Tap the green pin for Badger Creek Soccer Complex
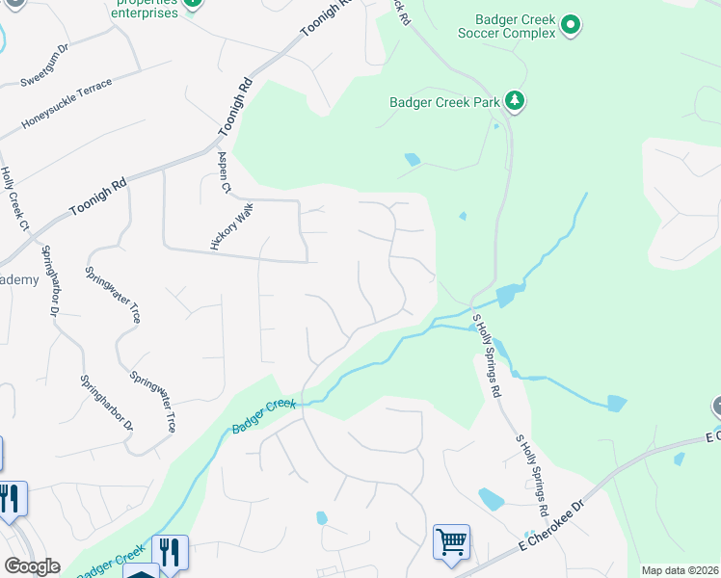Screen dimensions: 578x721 click(570, 25)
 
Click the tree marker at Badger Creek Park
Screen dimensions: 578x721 click(515, 100)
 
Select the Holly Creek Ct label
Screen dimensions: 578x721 click(14, 198)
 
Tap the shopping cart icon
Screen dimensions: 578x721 click(451, 541)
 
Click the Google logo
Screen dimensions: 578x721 click(32, 566)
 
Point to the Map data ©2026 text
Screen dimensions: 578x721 click(680, 570)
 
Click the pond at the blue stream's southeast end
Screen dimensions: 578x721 click(616, 403)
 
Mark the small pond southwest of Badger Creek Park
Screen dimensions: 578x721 click(413, 159)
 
